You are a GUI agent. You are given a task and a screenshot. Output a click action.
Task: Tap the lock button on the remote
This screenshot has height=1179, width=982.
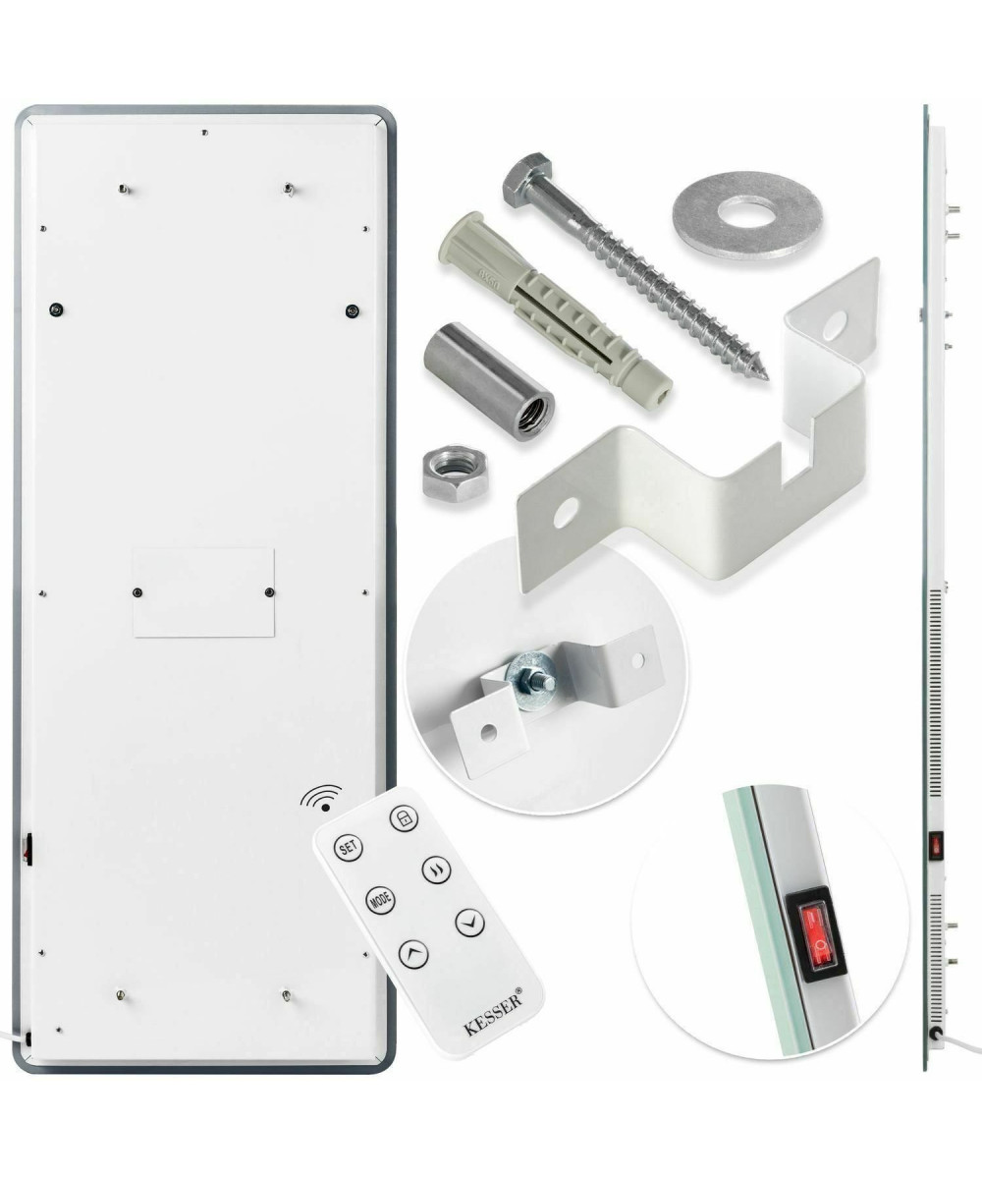tap(404, 818)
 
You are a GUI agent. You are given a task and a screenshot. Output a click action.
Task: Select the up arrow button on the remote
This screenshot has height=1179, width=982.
tap(413, 954)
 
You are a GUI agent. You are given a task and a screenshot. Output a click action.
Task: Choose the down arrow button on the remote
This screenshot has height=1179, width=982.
tap(469, 923)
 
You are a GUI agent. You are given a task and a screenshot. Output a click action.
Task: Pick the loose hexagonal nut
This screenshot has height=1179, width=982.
tap(456, 473)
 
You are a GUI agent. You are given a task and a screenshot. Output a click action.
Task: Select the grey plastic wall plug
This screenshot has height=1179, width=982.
tap(554, 310)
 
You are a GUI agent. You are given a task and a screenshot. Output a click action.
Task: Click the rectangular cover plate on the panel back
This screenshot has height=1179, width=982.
tap(203, 592)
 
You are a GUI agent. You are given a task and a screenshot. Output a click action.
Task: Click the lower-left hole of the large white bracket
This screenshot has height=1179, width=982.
tap(566, 513)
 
